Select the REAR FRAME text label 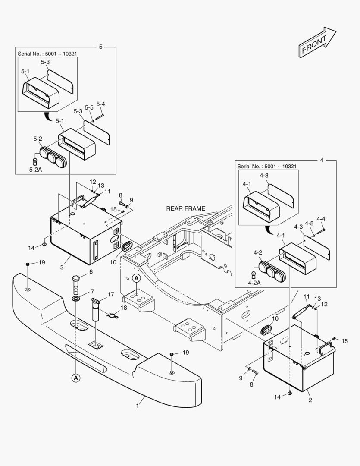tap(185, 208)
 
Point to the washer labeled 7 tap(76, 299)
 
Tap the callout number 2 tap(310, 400)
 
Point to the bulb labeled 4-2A tap(255, 273)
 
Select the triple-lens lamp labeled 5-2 tap(51, 155)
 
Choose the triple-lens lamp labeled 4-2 tap(269, 270)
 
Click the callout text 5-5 tap(89, 107)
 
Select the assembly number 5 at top tap(100, 46)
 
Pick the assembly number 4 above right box tap(321, 160)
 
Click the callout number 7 tap(91, 292)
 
